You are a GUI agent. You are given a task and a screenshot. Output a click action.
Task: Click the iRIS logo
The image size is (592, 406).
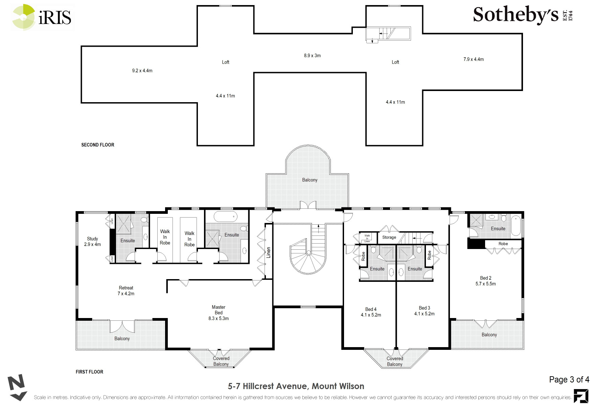(42, 17)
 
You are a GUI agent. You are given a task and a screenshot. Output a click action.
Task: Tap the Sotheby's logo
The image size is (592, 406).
(523, 15)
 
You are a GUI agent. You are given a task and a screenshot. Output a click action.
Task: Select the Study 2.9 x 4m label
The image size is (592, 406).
(92, 242)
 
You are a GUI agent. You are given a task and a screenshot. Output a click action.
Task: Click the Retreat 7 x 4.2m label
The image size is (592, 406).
(126, 291)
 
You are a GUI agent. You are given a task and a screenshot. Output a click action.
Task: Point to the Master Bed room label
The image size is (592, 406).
(219, 313)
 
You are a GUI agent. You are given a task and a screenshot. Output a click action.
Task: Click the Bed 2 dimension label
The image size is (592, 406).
(485, 284)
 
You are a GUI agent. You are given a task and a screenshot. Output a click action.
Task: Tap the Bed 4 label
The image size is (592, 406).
(371, 312)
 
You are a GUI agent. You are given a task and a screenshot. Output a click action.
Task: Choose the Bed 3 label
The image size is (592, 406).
(424, 311)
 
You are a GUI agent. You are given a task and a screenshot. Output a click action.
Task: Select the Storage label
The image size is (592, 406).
(389, 237)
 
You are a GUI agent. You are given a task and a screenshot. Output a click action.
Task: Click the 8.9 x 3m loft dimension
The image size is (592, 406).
(312, 55)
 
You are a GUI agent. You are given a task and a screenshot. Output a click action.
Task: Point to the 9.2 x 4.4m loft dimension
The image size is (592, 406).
(142, 71)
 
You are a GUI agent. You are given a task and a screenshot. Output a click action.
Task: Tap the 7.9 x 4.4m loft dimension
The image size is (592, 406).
(473, 59)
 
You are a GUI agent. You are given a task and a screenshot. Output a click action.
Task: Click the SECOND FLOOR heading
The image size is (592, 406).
(98, 145)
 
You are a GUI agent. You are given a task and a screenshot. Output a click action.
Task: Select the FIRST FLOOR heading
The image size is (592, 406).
(89, 372)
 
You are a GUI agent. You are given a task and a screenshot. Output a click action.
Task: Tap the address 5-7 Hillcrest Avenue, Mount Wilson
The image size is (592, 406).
(296, 386)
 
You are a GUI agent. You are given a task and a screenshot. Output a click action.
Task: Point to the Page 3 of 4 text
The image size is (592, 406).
(569, 380)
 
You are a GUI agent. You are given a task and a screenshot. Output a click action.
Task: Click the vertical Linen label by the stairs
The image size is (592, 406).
(269, 252)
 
